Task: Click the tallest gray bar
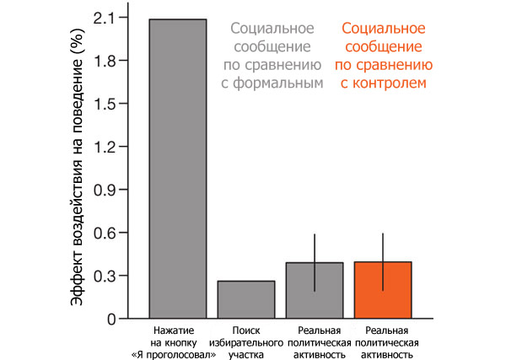point(177,169)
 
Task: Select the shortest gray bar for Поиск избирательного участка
point(245,299)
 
